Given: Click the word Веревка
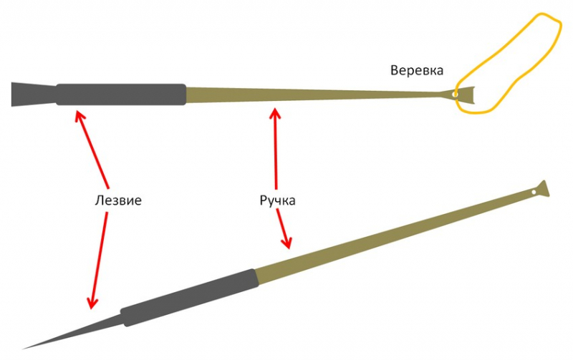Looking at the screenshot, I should pos(418,71).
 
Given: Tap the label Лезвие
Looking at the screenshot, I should pos(118,200).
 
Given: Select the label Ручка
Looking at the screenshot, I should pos(277,200).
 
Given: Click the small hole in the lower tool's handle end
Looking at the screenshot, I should pos(534,193).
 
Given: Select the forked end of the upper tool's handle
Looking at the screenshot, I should pos(465,94).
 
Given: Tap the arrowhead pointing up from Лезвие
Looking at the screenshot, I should pos(78,112).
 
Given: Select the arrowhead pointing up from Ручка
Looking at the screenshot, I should pos(274,111).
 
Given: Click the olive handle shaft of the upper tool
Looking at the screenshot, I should pos(308,94).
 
